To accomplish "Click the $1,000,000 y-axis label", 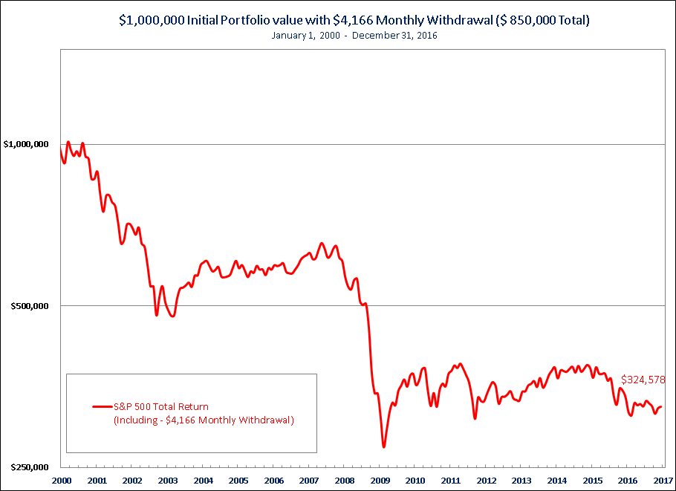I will [26, 143].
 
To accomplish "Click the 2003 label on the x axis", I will [167, 481].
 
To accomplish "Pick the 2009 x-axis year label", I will [380, 481].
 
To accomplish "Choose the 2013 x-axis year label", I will [521, 481].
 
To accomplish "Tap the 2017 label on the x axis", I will [663, 481].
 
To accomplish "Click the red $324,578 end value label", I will [643, 380].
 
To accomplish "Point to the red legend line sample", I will [103, 407].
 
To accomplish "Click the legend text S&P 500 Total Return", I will [161, 407].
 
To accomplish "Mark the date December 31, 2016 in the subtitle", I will [394, 36].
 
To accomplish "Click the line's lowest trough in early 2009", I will [384, 446].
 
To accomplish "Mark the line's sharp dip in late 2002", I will [157, 315].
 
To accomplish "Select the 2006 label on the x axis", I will [273, 481].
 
